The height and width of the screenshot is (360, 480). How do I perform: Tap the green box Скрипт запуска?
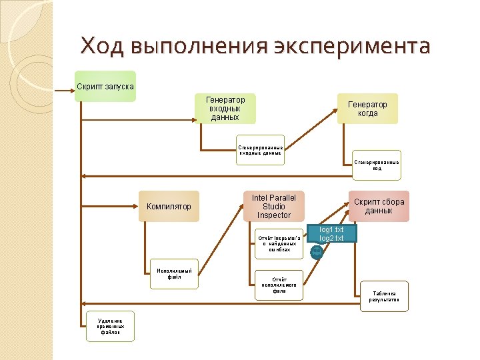(105, 86)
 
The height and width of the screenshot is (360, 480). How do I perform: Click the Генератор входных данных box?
(225, 108)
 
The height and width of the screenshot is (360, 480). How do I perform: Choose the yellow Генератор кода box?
(367, 108)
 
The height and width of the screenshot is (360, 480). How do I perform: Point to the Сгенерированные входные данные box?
(261, 150)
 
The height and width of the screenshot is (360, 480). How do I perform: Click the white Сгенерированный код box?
(377, 165)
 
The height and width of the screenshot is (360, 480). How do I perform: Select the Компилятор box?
(169, 207)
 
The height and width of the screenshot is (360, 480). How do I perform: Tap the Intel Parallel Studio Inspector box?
(273, 207)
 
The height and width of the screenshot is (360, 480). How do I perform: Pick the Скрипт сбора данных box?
(379, 207)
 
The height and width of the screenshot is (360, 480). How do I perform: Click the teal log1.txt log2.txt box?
(331, 234)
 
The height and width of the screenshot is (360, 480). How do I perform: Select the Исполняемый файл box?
(174, 274)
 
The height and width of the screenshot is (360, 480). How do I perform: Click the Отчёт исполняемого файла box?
(279, 285)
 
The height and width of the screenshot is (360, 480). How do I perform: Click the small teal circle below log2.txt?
(317, 251)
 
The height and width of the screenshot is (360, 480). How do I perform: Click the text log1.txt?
(331, 229)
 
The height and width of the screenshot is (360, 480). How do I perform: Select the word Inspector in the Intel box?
(274, 215)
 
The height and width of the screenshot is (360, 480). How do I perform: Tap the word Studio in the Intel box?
(274, 207)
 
